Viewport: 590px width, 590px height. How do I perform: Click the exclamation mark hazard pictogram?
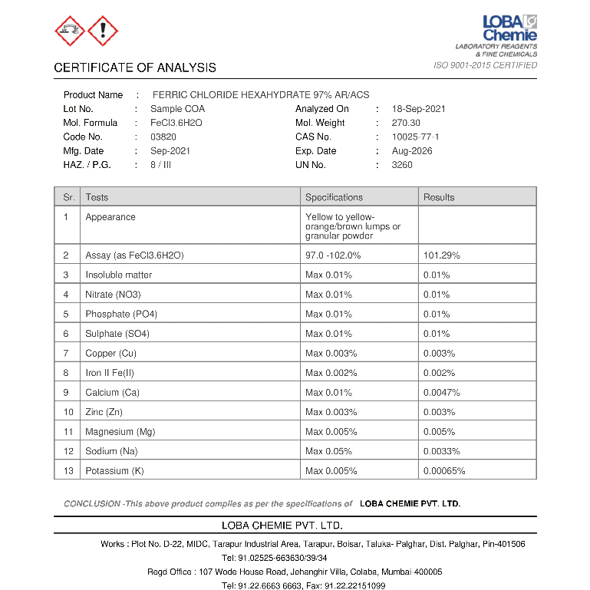click(103, 31)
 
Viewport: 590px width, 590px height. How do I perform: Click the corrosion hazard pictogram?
click(70, 31)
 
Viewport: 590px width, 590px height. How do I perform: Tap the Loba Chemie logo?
click(509, 28)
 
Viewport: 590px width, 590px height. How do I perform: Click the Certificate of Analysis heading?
click(135, 68)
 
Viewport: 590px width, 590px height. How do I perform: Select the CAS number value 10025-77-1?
click(415, 137)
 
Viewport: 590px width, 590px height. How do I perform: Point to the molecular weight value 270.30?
click(406, 123)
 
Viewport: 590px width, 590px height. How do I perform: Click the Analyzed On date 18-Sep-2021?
click(418, 109)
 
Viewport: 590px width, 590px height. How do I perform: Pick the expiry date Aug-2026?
click(412, 151)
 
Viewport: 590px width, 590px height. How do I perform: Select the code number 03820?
click(163, 137)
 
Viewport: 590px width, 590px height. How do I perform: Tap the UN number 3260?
click(402, 165)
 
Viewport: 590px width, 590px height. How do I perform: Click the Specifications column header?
click(334, 197)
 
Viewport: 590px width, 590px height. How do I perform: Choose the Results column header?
click(439, 197)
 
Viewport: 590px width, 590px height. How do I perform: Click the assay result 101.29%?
click(442, 255)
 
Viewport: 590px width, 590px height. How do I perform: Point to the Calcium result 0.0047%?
click(442, 393)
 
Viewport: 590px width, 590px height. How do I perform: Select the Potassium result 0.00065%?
click(444, 471)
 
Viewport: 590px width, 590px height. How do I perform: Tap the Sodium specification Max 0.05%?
click(328, 451)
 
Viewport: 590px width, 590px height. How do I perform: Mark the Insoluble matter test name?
click(119, 275)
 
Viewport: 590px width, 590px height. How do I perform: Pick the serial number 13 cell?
click(68, 471)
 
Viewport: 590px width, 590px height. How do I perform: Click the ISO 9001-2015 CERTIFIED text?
click(486, 66)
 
